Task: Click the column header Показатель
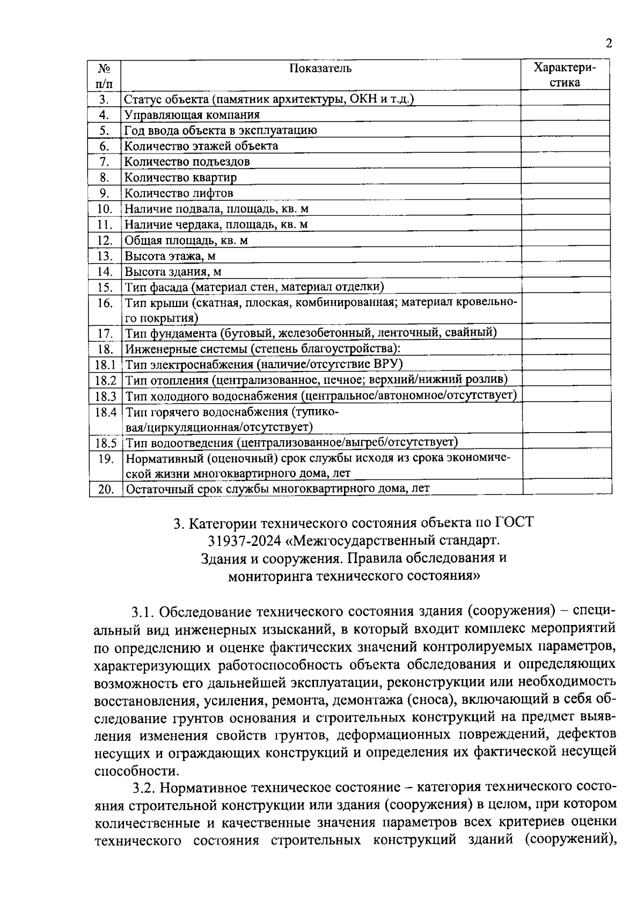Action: (x=321, y=68)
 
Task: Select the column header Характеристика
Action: (x=565, y=75)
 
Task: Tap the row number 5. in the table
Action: (x=105, y=130)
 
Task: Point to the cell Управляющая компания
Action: (x=192, y=115)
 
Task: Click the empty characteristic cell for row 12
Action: (x=566, y=240)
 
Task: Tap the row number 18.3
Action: (x=106, y=396)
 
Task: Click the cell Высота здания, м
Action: (x=173, y=272)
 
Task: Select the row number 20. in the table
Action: (x=105, y=489)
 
